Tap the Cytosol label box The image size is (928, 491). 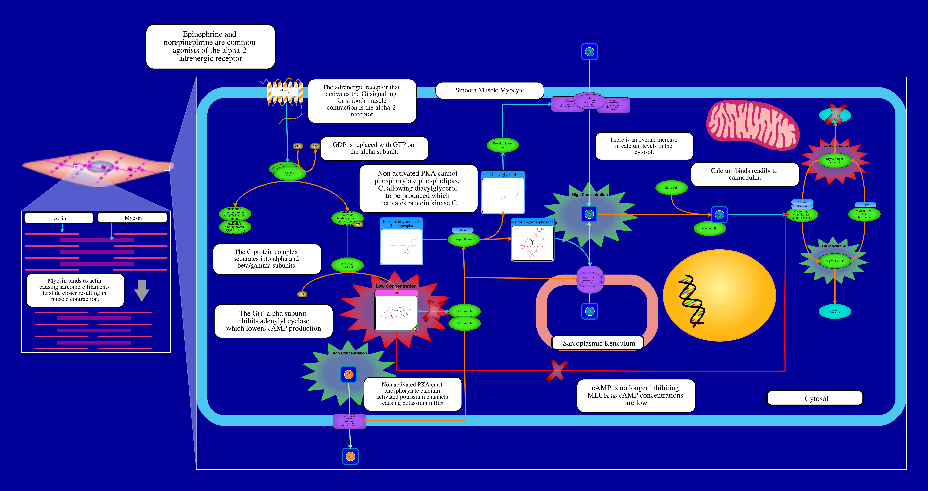pyautogui.click(x=815, y=398)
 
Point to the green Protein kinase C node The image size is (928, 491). pyautogui.click(x=503, y=145)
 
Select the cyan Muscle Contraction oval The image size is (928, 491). pyautogui.click(x=835, y=311)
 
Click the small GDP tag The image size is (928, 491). pyautogui.click(x=298, y=146)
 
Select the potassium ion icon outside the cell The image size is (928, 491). pyautogui.click(x=350, y=456)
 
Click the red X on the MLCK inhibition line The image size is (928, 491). pyautogui.click(x=557, y=371)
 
